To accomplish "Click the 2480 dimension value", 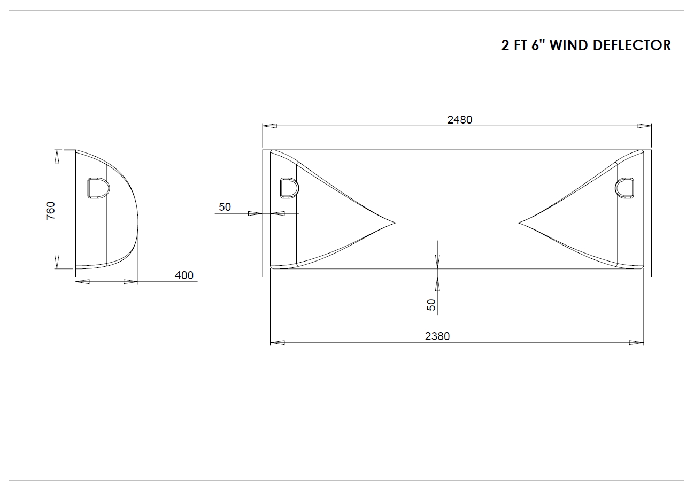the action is click(459, 120).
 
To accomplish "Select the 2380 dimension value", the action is click(437, 336).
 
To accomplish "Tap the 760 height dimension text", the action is click(50, 211).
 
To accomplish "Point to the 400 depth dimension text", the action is click(184, 275).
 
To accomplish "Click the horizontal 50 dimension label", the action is click(225, 207).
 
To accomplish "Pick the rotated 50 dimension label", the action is click(431, 305).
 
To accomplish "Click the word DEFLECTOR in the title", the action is click(632, 45).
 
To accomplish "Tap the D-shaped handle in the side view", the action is click(98, 188).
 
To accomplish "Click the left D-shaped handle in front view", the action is click(289, 188).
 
